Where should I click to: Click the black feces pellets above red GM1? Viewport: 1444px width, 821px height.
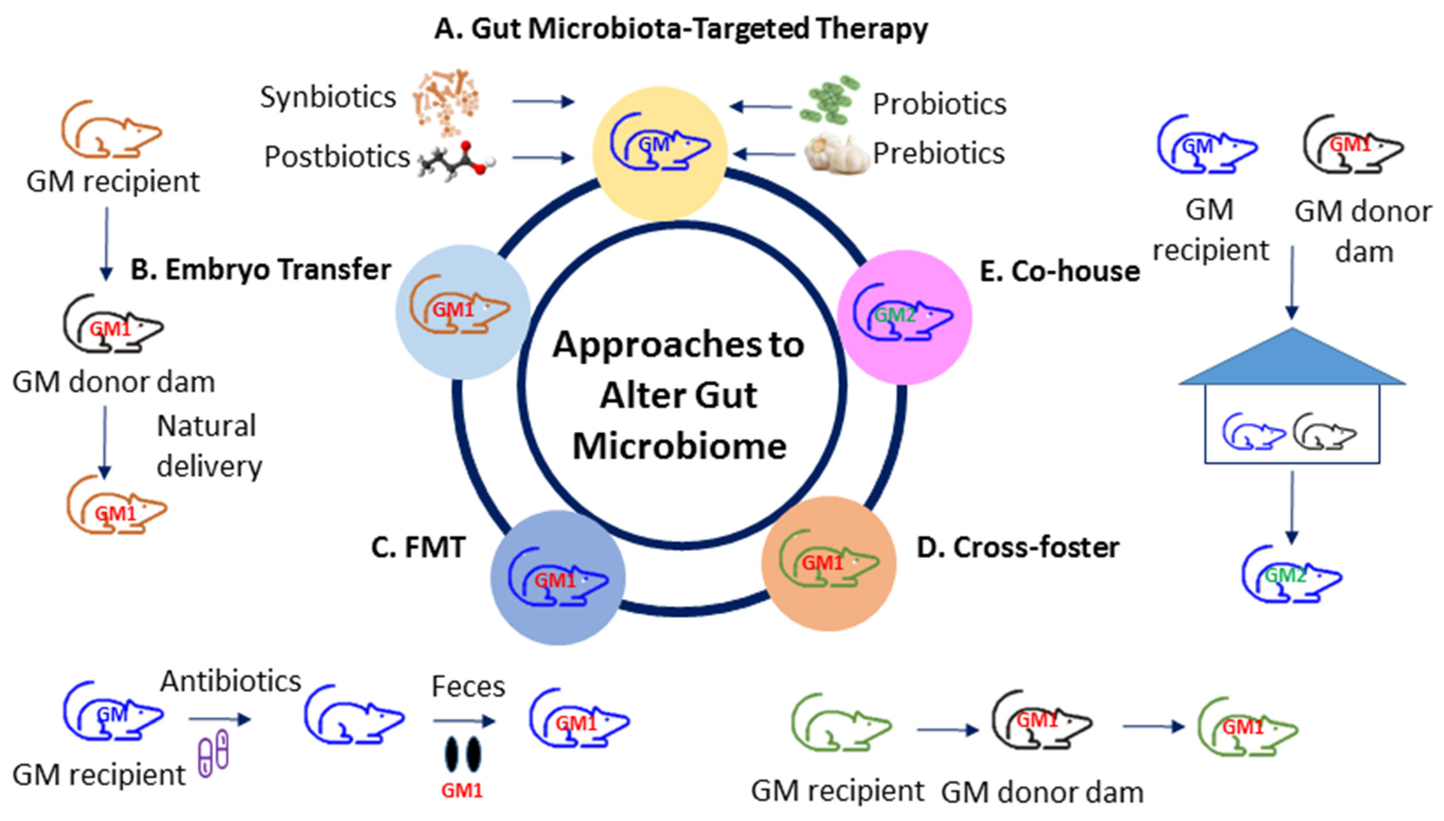click(x=462, y=754)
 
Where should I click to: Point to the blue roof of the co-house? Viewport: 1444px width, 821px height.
click(x=1292, y=361)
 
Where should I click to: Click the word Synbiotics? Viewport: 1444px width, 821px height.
click(x=328, y=98)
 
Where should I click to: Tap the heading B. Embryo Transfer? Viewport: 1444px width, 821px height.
click(x=260, y=270)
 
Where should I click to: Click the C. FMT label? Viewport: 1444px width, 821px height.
click(x=418, y=547)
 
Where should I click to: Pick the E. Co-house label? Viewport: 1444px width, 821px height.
click(x=1060, y=271)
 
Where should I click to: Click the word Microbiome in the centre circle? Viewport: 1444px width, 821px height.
click(x=679, y=446)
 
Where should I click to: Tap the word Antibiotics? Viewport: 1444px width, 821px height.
click(x=231, y=681)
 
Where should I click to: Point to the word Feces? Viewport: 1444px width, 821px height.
click(x=468, y=687)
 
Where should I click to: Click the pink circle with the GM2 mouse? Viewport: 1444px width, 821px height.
click(x=904, y=317)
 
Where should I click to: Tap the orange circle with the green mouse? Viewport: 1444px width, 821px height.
click(x=828, y=564)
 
